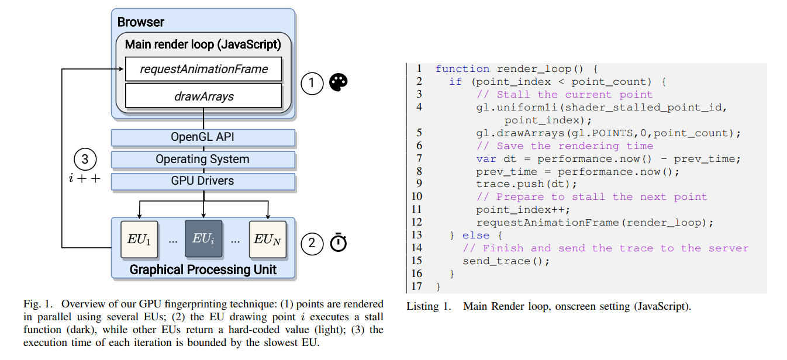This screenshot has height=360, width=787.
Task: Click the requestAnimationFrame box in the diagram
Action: [203, 69]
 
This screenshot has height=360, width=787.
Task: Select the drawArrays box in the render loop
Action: [203, 96]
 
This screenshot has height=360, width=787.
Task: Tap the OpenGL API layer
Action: [203, 138]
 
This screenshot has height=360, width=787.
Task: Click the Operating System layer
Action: [203, 159]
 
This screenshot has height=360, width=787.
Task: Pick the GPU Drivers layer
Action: [203, 181]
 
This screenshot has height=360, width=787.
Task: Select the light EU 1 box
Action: [139, 238]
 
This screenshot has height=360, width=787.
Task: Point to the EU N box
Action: [268, 238]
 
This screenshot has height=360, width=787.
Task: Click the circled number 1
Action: [312, 84]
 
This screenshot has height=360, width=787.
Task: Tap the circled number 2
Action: [312, 243]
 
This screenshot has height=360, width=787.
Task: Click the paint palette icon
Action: [338, 83]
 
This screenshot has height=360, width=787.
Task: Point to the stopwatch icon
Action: [338, 243]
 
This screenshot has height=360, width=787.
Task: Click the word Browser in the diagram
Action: [141, 23]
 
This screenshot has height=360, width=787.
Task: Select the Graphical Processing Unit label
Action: [203, 269]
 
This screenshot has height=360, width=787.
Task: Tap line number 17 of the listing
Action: [416, 286]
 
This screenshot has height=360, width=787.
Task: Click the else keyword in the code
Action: [475, 235]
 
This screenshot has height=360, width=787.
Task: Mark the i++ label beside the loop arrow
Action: [85, 178]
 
